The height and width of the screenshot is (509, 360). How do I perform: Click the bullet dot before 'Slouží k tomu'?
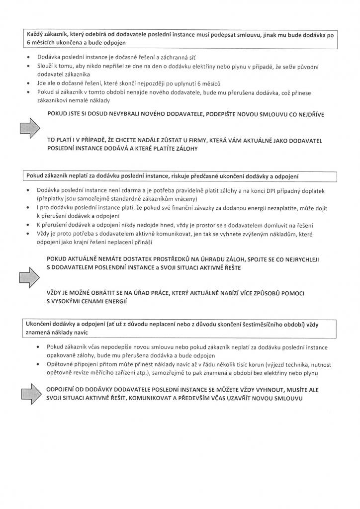[31, 66]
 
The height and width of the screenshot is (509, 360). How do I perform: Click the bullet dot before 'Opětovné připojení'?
[39, 365]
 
